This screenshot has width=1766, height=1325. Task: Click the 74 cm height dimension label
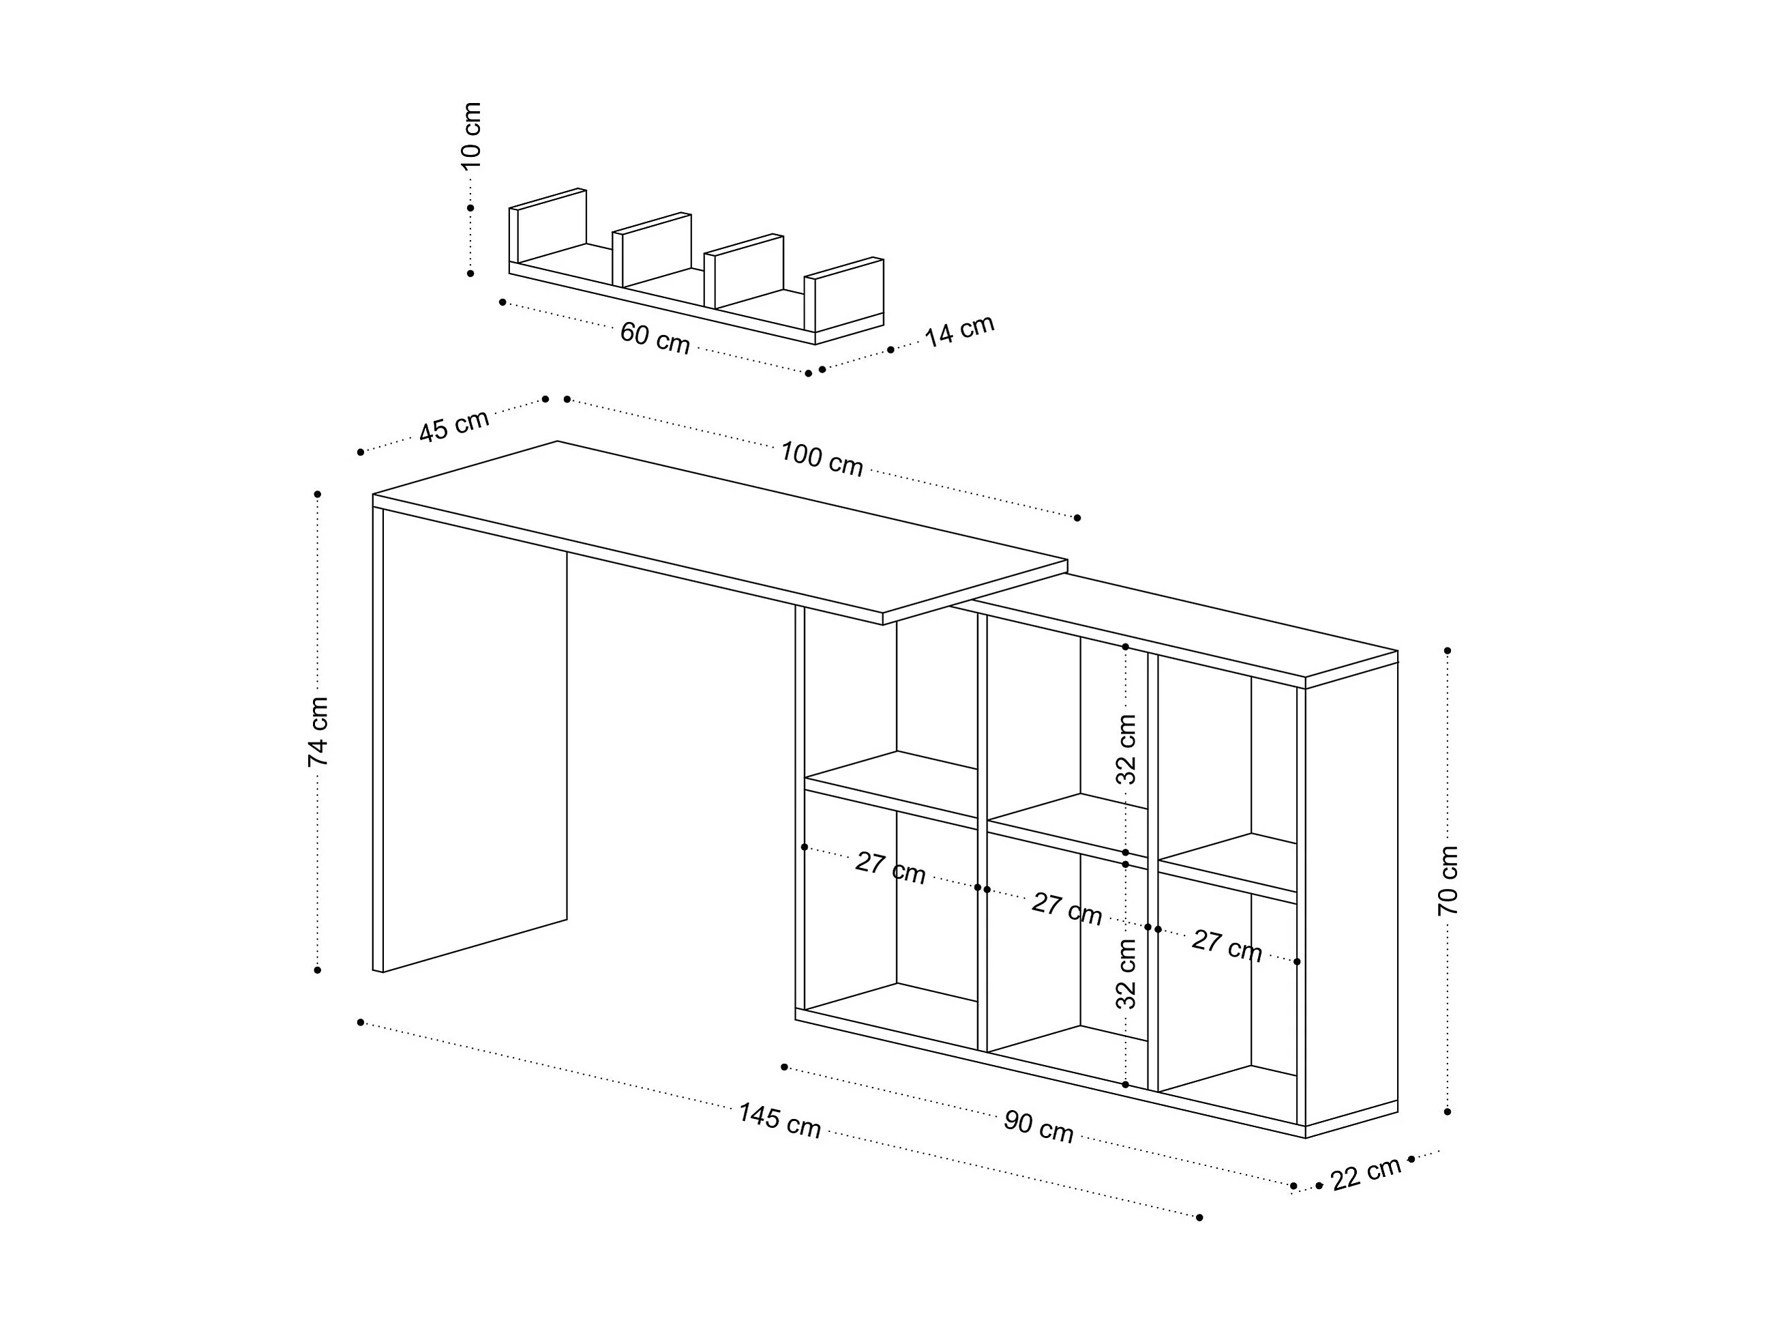318,731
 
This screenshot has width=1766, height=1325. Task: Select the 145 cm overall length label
779,1120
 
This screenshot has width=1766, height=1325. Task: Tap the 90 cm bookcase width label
1038,1127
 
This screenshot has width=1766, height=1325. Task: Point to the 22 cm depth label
1366,1172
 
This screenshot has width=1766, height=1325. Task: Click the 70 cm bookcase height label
1448,880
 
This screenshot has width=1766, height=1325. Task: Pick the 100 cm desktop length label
822,458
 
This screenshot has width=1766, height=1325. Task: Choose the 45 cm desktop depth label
453,426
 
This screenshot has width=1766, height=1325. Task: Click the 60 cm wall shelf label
655,337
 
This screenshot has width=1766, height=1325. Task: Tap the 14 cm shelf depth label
959,331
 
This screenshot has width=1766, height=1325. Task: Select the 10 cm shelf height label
471,136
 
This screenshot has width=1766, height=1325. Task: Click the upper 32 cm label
1126,749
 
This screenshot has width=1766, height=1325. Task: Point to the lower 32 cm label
1126,974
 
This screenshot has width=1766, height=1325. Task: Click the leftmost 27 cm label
891,868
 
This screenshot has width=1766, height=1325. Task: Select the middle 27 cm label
1066,909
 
